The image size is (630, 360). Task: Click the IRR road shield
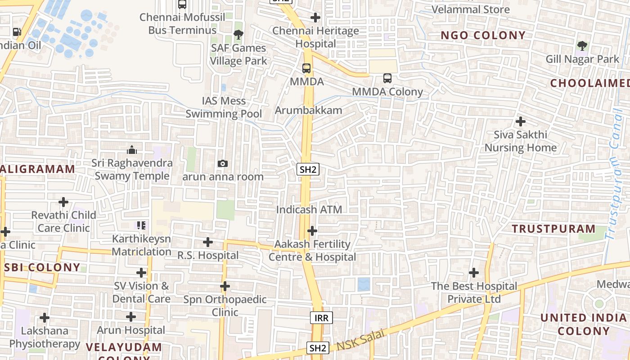321,318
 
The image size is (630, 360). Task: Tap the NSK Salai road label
361,340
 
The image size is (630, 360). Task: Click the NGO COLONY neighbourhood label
483,35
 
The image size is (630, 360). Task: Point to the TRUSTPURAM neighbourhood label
553,229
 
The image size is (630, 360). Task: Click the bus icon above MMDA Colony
387,78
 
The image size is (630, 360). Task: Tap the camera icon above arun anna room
222,163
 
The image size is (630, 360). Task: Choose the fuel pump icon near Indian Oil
17,31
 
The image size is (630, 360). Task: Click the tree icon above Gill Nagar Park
582,45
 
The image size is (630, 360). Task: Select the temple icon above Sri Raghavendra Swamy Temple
132,149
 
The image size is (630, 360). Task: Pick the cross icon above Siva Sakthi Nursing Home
520,121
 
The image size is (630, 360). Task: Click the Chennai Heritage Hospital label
315,37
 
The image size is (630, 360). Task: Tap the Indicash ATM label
309,210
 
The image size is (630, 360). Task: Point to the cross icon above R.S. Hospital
207,242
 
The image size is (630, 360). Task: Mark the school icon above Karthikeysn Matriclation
141,225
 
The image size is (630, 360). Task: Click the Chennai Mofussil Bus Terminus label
182,24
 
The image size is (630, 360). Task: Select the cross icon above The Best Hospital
473,273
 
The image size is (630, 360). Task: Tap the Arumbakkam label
308,110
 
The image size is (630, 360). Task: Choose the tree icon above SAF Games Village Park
238,35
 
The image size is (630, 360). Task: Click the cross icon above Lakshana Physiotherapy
44,318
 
